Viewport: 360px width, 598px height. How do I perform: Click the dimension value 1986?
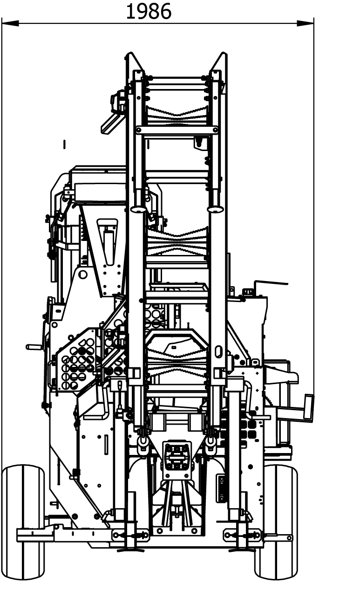(149, 12)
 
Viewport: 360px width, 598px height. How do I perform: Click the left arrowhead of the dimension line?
(10, 23)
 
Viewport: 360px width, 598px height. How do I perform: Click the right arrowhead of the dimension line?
(306, 23)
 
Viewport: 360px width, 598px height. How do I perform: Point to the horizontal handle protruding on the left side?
(34, 347)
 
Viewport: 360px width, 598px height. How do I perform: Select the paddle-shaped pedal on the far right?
(308, 408)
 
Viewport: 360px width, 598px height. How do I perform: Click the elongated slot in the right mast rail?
(218, 351)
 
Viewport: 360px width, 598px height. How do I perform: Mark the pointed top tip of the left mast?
(130, 53)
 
